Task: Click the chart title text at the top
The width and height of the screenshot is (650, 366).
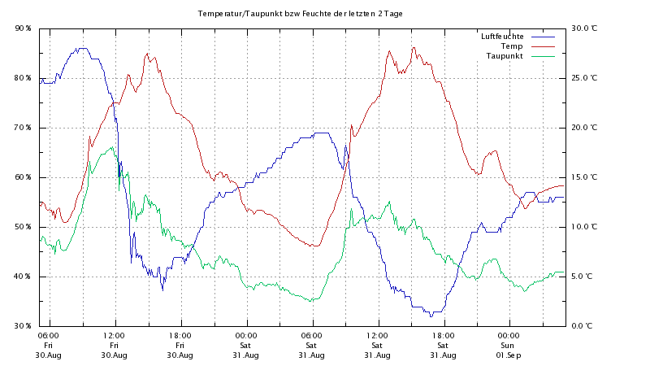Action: click(301, 14)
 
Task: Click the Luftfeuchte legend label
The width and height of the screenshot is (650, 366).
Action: click(501, 37)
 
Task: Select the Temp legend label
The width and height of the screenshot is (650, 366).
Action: click(511, 46)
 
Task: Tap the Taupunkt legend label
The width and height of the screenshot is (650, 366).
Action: click(505, 56)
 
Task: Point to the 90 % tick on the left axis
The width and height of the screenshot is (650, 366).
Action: click(23, 28)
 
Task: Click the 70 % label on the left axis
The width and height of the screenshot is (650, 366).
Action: click(23, 128)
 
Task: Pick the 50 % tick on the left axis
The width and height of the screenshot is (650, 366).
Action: click(23, 227)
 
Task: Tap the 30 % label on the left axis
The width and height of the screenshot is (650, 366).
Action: click(23, 326)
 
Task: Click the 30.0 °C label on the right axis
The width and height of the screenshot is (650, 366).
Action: click(584, 28)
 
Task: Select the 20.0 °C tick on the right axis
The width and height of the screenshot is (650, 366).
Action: click(584, 128)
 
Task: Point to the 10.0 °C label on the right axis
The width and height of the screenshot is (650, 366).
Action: click(584, 227)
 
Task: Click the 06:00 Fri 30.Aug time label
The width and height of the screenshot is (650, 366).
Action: click(48, 345)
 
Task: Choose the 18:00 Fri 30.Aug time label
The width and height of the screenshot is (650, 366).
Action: click(180, 345)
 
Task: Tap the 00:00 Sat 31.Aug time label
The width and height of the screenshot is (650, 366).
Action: click(245, 345)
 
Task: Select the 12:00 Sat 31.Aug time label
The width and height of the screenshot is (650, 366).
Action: click(377, 345)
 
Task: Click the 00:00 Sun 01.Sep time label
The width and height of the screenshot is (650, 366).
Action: click(509, 345)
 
